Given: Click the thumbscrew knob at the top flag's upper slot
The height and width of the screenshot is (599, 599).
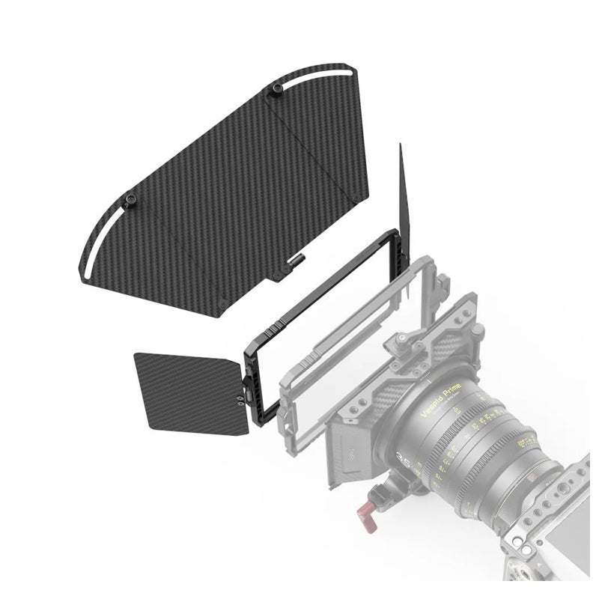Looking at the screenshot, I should (x=277, y=91).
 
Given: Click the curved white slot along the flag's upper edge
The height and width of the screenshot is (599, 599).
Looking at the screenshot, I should (x=314, y=76).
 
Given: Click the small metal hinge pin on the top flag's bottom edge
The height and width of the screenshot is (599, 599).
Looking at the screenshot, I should (x=295, y=260).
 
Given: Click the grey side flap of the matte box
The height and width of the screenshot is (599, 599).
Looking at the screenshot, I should (x=353, y=449).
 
